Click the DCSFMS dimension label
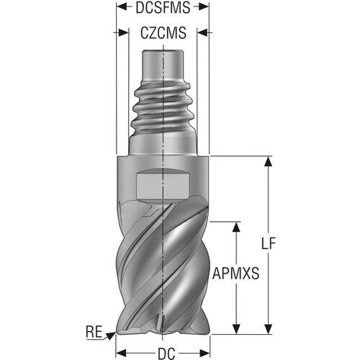pyautogui.click(x=163, y=7)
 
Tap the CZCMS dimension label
pyautogui.click(x=163, y=33)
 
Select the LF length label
pyautogui.click(x=269, y=244)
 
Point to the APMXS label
pyautogui.click(x=235, y=274)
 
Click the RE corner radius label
pyautogui.click(x=94, y=332)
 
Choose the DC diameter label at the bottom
pyautogui.click(x=166, y=354)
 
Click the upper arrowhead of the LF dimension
pyautogui.click(x=269, y=161)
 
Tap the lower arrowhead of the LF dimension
pyautogui.click(x=269, y=329)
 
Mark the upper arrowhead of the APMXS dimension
pyautogui.click(x=237, y=227)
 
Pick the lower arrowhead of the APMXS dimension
pyautogui.click(x=237, y=329)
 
